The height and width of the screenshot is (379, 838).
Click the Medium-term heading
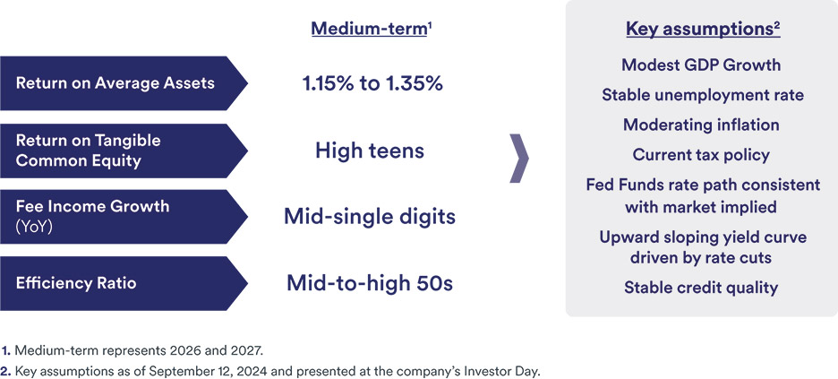tap(372, 29)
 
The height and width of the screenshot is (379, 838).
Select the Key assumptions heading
tap(704, 30)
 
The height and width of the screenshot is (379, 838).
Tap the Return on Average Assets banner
tap(124, 83)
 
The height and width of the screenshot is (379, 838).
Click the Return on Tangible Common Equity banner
tap(124, 151)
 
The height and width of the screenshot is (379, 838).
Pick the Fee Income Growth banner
tap(124, 217)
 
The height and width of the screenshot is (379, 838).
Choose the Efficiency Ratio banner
tap(124, 283)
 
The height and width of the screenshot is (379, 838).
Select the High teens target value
tap(370, 151)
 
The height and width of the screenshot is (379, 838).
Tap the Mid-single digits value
tap(370, 217)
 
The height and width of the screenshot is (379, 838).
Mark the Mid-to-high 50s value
tap(370, 283)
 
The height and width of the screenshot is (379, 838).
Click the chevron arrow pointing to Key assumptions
tap(519, 159)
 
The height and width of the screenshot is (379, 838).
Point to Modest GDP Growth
tap(701, 65)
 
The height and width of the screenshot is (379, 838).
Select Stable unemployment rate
tap(703, 95)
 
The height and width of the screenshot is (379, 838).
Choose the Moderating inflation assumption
tap(701, 125)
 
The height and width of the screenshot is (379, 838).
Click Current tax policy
tap(701, 155)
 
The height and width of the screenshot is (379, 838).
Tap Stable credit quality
tap(701, 289)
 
